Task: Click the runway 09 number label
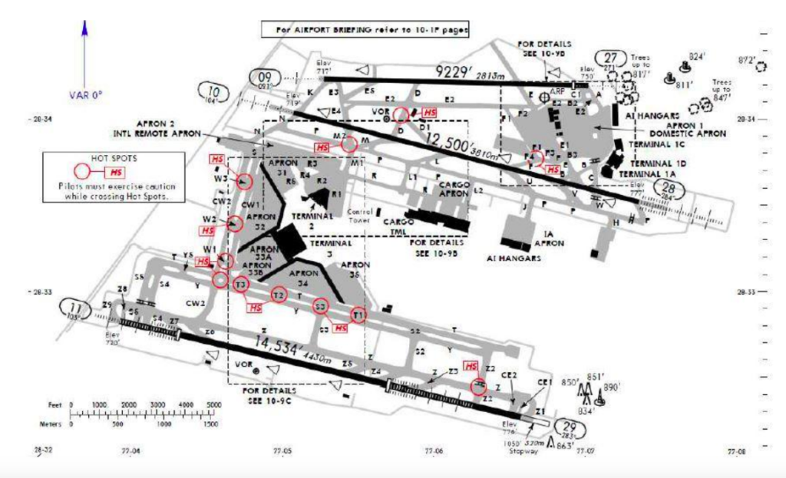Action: [266, 77]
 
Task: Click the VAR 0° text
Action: [85, 95]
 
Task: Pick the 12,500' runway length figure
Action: [448, 142]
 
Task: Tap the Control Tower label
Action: [360, 214]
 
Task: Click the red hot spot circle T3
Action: [241, 285]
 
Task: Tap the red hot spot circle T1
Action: [358, 315]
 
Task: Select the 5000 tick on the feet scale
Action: [215, 404]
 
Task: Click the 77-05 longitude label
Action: [282, 451]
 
